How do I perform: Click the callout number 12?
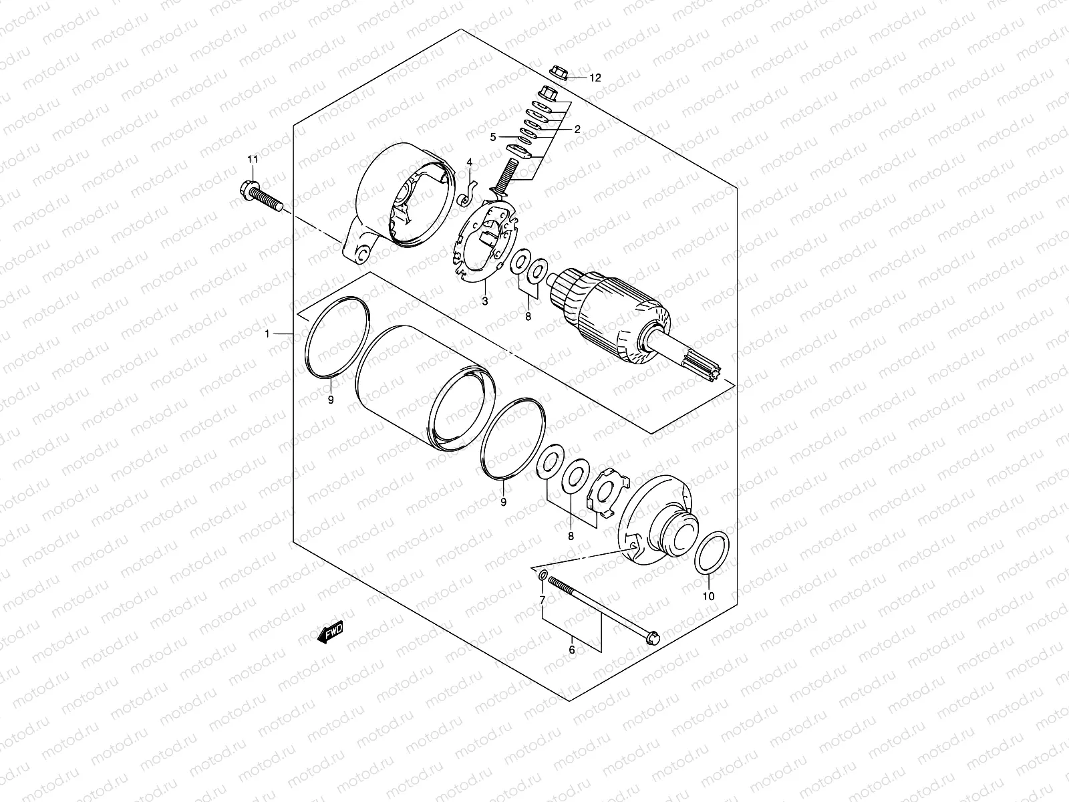(x=595, y=78)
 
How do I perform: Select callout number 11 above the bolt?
(x=252, y=159)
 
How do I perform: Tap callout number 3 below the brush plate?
(x=485, y=301)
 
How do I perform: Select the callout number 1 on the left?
(x=267, y=333)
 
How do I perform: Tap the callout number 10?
(x=710, y=595)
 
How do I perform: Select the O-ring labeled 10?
(x=710, y=552)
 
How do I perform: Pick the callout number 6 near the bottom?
(x=572, y=648)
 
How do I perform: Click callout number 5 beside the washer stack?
(x=492, y=137)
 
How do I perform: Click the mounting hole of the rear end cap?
(x=361, y=254)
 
